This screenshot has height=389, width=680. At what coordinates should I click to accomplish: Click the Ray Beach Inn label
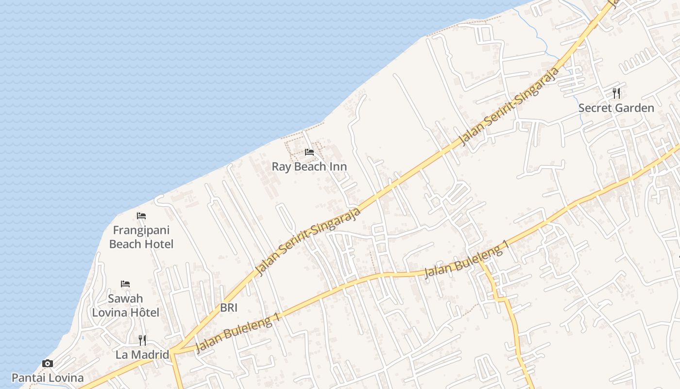pyautogui.click(x=309, y=167)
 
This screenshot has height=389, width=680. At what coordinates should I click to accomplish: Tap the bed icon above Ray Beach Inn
pyautogui.click(x=309, y=152)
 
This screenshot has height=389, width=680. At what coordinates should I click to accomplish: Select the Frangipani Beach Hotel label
pyautogui.click(x=141, y=237)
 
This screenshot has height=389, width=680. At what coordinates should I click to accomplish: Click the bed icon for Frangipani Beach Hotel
pyautogui.click(x=141, y=215)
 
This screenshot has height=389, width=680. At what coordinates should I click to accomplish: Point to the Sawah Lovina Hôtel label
pyautogui.click(x=125, y=305)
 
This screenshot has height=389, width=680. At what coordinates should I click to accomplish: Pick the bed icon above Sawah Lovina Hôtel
pyautogui.click(x=125, y=283)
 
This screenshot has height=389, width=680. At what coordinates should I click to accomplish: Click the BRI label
pyautogui.click(x=229, y=307)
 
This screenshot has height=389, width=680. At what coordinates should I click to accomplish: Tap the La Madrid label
pyautogui.click(x=142, y=354)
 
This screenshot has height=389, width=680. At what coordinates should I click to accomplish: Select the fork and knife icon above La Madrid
pyautogui.click(x=142, y=339)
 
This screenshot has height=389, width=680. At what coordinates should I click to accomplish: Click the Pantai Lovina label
pyautogui.click(x=48, y=378)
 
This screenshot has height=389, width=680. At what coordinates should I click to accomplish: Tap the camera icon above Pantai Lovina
pyautogui.click(x=48, y=363)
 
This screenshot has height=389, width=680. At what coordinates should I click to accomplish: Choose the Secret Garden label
pyautogui.click(x=616, y=108)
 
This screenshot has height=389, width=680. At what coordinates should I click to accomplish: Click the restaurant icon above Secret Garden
pyautogui.click(x=616, y=92)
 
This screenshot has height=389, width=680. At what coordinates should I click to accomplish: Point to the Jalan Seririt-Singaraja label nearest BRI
pyautogui.click(x=309, y=241)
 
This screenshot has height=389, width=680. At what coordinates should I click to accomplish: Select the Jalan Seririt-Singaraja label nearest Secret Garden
pyautogui.click(x=509, y=106)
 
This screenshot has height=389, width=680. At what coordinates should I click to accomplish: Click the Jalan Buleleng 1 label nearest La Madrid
pyautogui.click(x=238, y=333)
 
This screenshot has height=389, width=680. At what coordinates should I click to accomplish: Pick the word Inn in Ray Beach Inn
pyautogui.click(x=338, y=167)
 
